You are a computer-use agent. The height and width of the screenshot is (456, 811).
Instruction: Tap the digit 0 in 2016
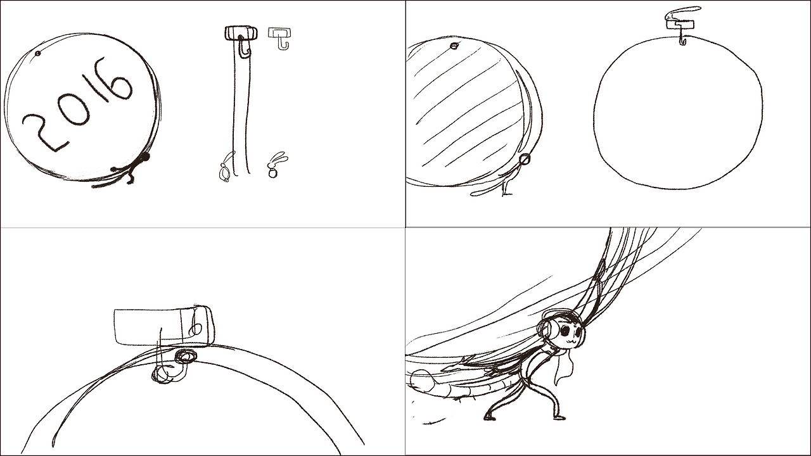(x=74, y=101)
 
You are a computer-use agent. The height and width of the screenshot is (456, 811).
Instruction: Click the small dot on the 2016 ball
(x=38, y=54)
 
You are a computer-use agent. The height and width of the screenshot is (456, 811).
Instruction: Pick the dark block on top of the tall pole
(x=241, y=32)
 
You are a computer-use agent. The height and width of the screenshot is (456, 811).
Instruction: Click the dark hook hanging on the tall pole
(x=245, y=47)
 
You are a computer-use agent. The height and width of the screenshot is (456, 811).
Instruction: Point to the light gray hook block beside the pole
(x=279, y=38)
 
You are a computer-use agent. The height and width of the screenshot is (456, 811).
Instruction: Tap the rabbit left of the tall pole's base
(x=226, y=168)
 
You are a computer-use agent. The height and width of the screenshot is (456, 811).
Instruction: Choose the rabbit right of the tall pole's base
(x=276, y=166)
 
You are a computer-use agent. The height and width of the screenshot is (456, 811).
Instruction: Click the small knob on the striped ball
(x=454, y=46)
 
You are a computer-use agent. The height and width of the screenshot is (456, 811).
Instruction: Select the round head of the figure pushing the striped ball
(x=525, y=158)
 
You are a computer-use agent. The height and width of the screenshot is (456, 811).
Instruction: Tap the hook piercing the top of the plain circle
(x=683, y=38)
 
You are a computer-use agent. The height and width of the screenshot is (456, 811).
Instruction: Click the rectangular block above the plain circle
(x=680, y=24)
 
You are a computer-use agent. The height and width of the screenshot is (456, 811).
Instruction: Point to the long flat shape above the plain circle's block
(x=684, y=13)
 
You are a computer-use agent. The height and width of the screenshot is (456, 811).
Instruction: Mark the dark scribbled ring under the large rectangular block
(x=186, y=356)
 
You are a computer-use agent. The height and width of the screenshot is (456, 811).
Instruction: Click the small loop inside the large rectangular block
(x=196, y=329)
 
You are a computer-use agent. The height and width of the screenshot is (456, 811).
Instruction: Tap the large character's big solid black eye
(x=565, y=330)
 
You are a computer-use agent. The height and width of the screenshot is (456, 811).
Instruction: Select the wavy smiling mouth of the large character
(x=568, y=340)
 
